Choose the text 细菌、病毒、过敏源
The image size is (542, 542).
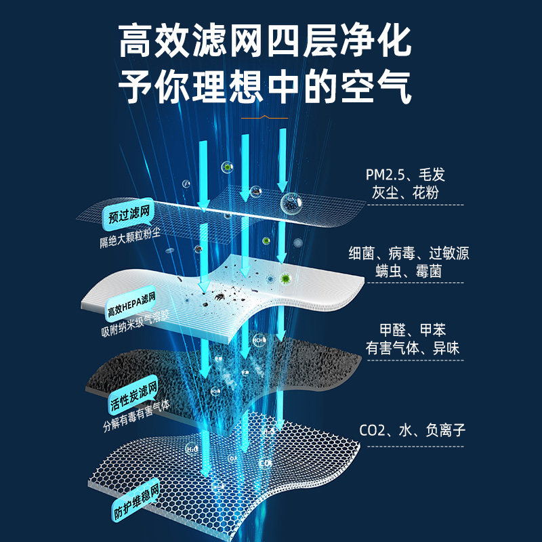(x=409, y=254)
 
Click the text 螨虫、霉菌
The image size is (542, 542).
(x=409, y=271)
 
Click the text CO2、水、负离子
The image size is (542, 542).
(x=413, y=430)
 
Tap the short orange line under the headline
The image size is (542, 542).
(x=265, y=117)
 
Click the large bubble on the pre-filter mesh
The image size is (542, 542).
(x=292, y=201)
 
